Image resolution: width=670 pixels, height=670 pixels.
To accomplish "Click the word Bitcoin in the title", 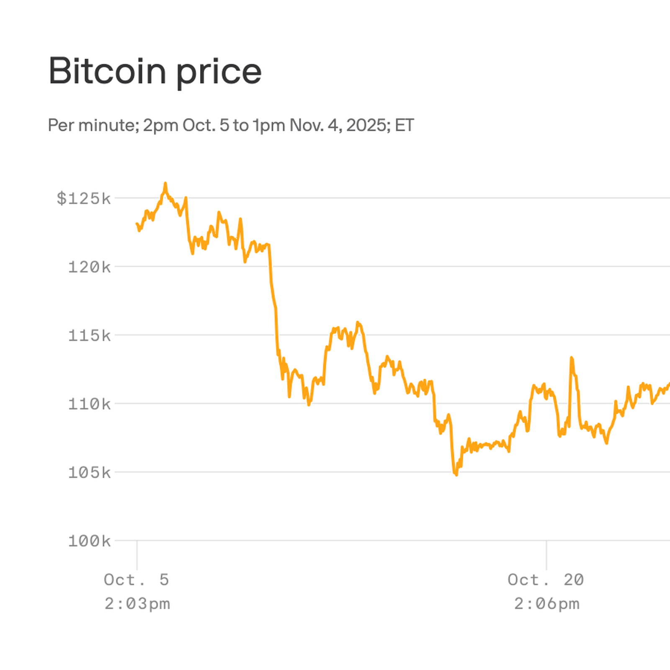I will [107, 71].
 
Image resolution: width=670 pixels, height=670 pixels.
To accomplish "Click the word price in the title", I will [219, 72].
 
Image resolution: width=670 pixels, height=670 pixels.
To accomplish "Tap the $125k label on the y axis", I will [84, 198].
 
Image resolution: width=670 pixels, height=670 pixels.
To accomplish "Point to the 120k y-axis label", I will [89, 267].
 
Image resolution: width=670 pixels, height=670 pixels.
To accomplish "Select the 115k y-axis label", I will [89, 335].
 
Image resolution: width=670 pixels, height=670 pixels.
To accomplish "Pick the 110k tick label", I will [89, 404].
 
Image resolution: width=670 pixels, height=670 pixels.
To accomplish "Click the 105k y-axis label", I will [89, 473].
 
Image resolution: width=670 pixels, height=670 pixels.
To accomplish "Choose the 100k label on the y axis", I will [89, 541].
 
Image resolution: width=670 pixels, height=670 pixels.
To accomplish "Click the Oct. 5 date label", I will [137, 580].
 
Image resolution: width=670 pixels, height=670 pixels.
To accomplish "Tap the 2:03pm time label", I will [137, 604].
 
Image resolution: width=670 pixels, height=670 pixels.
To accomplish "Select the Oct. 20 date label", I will [546, 580].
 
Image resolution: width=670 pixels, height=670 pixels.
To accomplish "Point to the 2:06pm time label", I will [546, 604].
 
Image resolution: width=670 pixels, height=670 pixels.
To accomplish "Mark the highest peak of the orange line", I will [165, 183].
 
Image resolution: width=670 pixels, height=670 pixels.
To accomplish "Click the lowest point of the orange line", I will [456, 475].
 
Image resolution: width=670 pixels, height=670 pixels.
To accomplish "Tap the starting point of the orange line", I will [137, 224].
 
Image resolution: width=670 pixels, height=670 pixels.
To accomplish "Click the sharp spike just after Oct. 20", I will [571, 358].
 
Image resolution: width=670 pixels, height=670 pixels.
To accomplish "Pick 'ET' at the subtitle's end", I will [405, 125].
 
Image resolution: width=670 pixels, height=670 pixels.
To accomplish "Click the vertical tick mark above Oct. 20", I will [546, 555].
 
